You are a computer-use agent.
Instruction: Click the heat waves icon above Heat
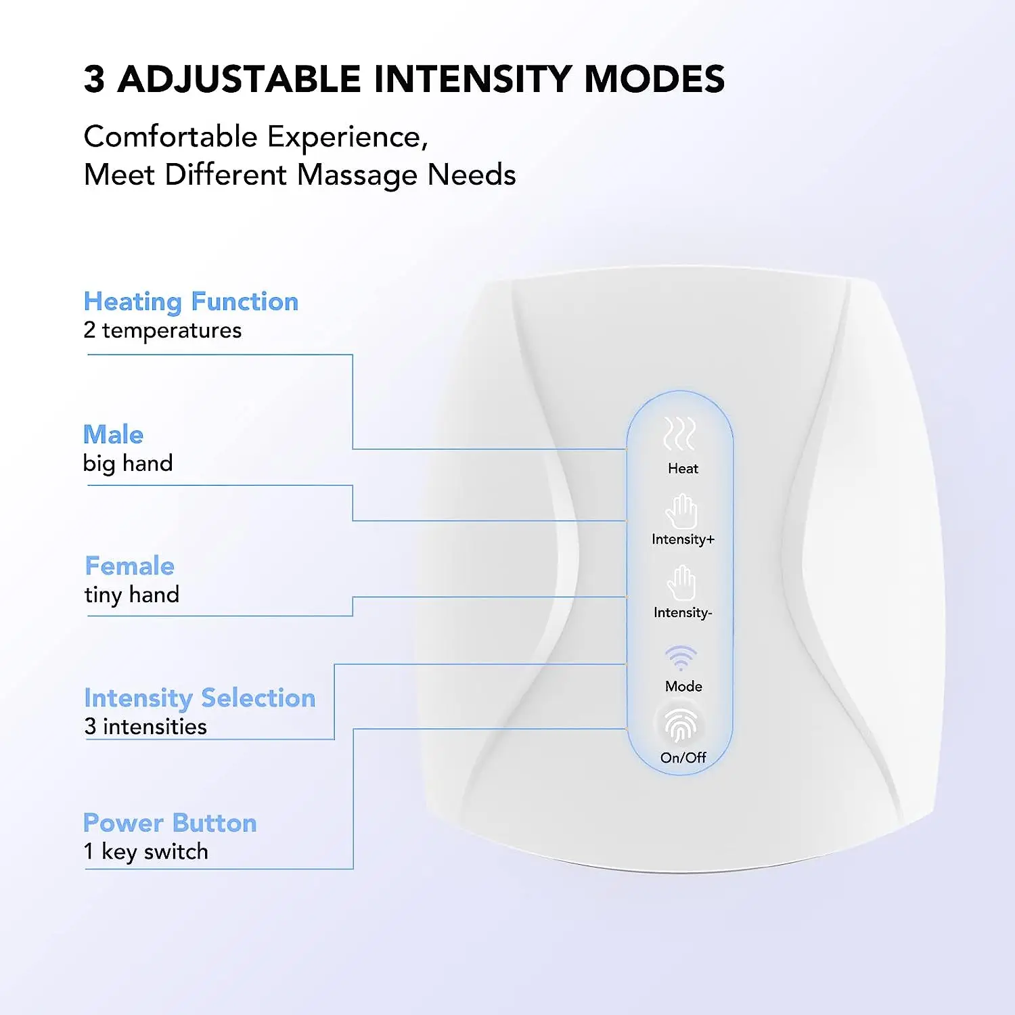680,434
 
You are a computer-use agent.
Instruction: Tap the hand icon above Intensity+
681,511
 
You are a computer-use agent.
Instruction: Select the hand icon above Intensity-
681,583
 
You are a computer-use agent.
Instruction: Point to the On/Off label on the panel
683,758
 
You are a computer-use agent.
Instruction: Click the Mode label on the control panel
683,686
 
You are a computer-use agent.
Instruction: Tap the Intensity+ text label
683,539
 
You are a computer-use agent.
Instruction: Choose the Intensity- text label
683,612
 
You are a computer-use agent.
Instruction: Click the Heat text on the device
683,468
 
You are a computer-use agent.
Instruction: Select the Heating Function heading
191,302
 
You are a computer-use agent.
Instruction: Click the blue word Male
113,434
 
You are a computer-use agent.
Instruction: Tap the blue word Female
129,566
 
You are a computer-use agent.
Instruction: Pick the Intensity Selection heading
200,698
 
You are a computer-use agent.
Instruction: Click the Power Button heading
170,823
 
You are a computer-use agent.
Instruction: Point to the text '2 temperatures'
162,330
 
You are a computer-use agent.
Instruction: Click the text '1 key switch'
145,851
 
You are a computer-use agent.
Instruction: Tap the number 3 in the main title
95,79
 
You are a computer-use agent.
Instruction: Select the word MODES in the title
654,79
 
